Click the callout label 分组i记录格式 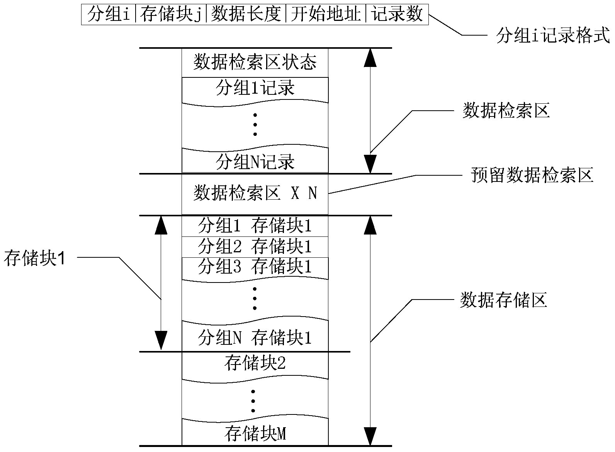click(x=553, y=36)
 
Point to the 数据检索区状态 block click(x=255, y=62)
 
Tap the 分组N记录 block click(x=255, y=162)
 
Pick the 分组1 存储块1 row click(x=255, y=226)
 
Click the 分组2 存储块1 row click(x=255, y=247)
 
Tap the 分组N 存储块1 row click(x=255, y=338)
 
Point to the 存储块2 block click(x=255, y=363)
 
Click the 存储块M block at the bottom click(x=255, y=434)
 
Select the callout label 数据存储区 click(x=503, y=300)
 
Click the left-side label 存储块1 click(x=35, y=259)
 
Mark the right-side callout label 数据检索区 click(x=506, y=111)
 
